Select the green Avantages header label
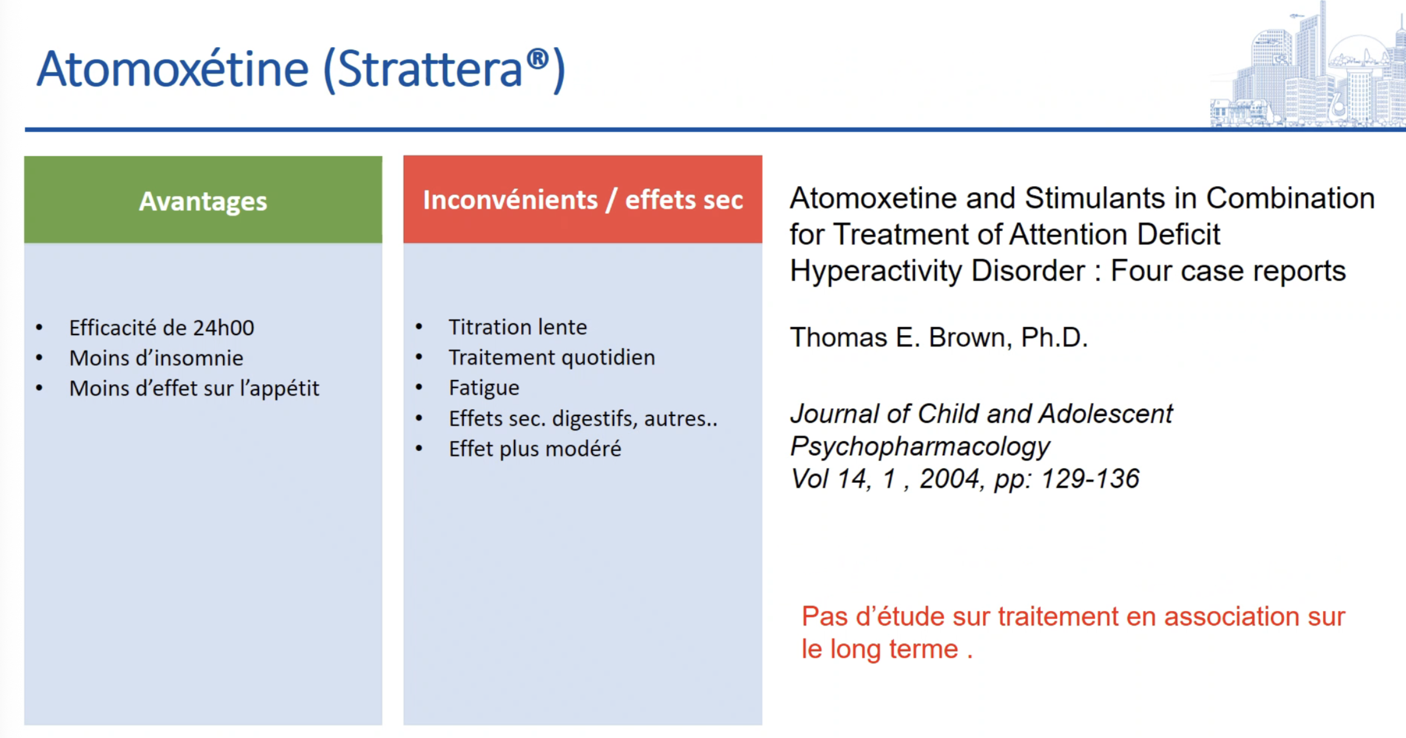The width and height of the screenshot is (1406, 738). [203, 201]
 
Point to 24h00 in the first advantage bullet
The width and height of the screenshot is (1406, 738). [224, 328]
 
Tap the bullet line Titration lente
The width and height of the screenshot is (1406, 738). [518, 327]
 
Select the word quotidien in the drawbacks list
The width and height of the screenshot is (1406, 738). [608, 358]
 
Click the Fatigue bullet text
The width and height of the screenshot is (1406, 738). [484, 388]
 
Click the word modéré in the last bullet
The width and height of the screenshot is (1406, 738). [583, 448]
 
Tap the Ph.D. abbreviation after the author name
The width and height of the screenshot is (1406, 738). [1054, 337]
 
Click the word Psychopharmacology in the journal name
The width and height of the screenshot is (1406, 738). [920, 447]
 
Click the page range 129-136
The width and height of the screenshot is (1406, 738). [1090, 479]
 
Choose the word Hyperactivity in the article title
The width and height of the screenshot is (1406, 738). [876, 271]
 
